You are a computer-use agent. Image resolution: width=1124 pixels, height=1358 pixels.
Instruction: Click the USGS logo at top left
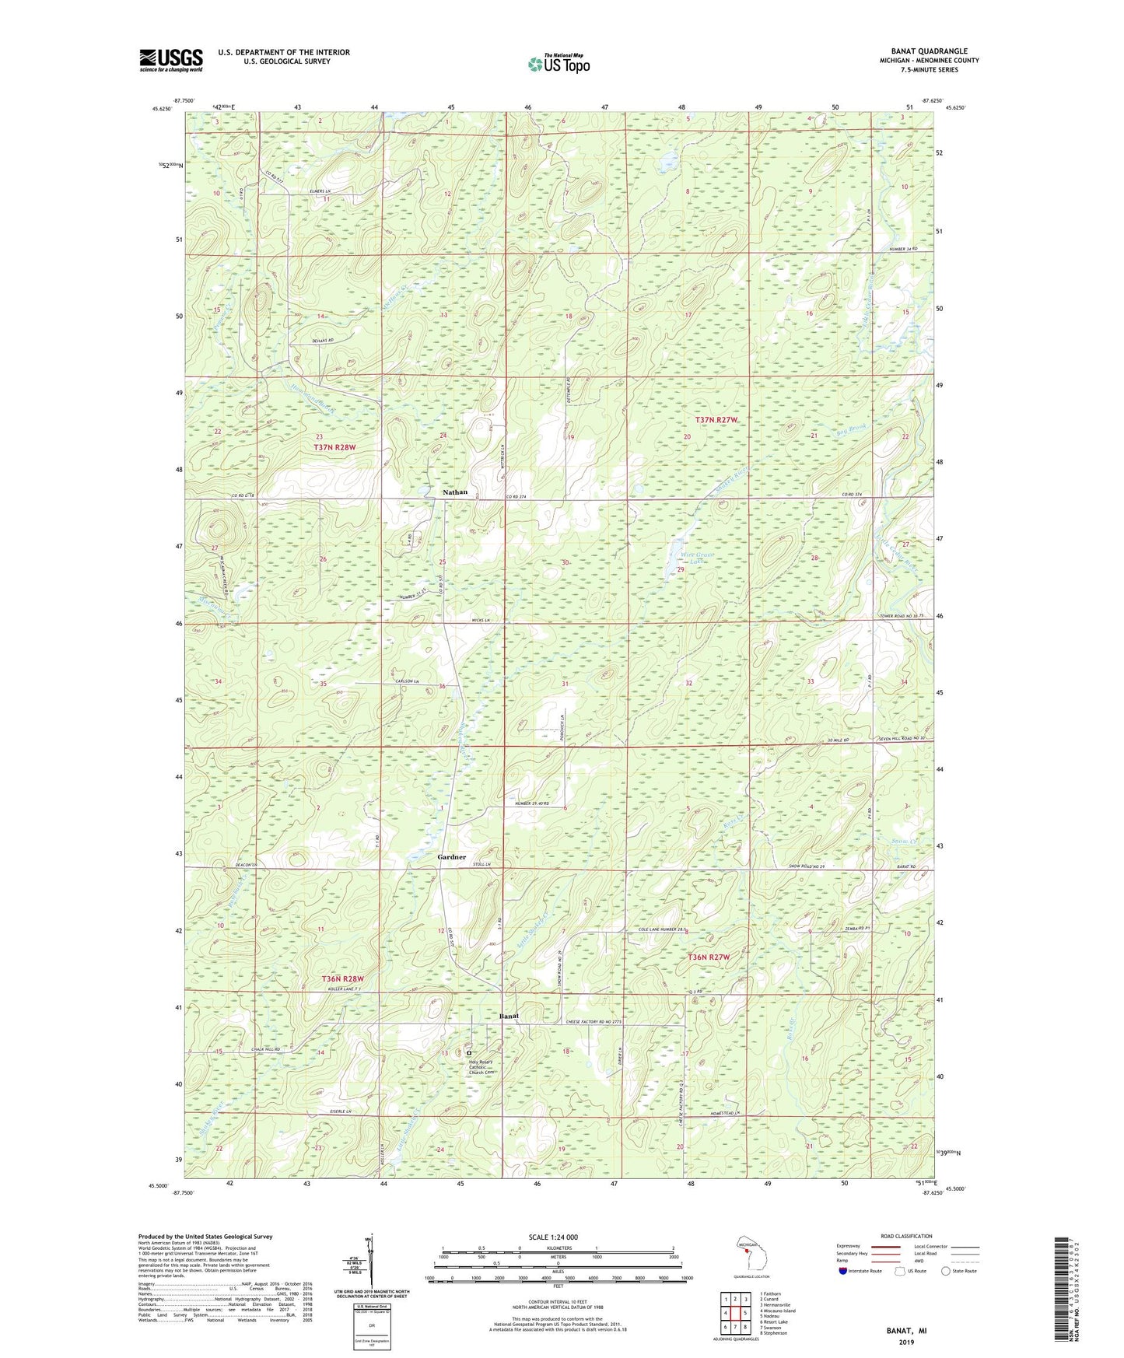(x=171, y=60)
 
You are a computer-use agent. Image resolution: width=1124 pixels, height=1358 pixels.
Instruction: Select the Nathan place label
(x=455, y=492)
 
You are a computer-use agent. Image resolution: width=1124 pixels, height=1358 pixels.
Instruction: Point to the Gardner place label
(x=451, y=857)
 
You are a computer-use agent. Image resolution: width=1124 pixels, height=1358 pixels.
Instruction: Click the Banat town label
(x=509, y=1016)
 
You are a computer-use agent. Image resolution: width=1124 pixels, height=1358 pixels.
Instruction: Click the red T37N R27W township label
(x=716, y=420)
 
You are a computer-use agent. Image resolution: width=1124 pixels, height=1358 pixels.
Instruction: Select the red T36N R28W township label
(x=343, y=978)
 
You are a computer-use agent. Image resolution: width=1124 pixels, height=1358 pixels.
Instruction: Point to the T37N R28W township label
(x=334, y=447)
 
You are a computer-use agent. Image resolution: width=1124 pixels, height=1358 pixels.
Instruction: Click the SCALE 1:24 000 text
(x=551, y=1237)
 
